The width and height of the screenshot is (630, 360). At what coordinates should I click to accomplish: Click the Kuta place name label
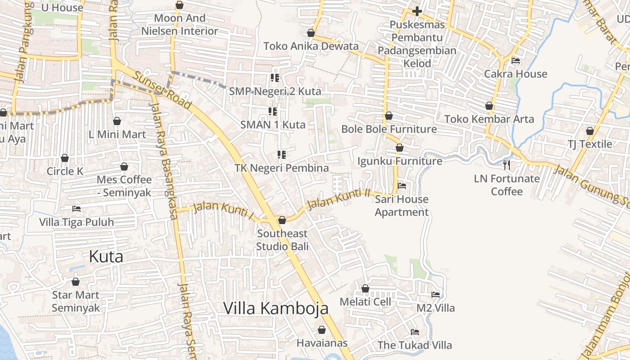106,256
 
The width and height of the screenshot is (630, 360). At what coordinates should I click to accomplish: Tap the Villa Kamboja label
275,308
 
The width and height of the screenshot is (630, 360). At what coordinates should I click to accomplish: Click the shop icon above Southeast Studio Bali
282,220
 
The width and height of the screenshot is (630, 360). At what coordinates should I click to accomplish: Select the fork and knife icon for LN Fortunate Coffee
507,165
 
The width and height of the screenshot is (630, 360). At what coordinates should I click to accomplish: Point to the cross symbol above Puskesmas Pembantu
417,11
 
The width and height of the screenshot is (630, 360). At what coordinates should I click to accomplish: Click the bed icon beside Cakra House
516,61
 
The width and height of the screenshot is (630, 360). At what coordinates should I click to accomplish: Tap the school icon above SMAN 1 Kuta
273,111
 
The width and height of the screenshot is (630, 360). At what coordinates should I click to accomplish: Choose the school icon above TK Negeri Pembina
282,155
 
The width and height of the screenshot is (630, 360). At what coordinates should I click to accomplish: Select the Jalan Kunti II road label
338,198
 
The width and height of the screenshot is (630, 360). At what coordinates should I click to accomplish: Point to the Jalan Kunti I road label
223,210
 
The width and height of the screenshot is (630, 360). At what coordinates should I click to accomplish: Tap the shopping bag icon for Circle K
65,158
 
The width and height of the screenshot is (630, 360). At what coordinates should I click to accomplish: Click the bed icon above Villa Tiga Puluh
76,209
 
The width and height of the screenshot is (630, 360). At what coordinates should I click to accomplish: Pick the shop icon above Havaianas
322,330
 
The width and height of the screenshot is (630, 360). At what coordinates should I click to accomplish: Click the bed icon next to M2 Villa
435,295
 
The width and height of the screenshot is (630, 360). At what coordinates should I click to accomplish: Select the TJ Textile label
589,144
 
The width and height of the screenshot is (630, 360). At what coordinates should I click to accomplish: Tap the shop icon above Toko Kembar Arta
489,106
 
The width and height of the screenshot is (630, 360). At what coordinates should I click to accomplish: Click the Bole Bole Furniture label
389,129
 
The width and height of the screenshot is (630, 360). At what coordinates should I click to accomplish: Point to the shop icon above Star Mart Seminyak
76,282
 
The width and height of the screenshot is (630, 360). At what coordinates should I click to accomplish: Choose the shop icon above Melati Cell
365,288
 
